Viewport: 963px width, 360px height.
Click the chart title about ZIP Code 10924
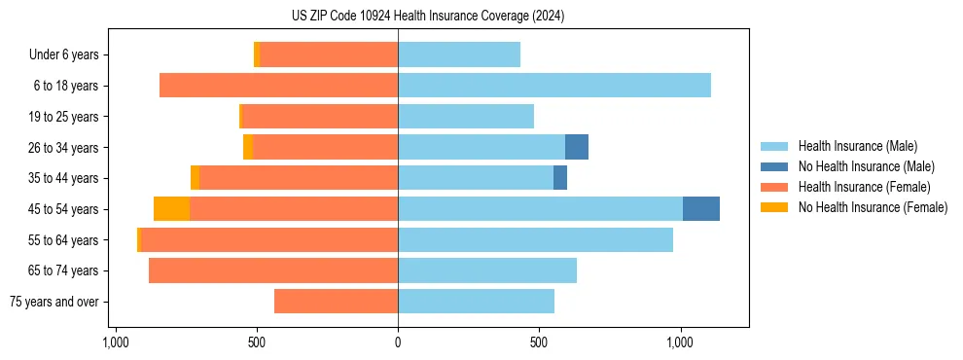point(427,17)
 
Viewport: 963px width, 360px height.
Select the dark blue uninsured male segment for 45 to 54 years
point(700,209)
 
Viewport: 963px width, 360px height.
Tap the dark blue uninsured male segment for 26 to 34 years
point(576,147)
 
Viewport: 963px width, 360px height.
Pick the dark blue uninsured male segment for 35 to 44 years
point(559,178)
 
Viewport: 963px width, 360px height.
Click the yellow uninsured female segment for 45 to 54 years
point(171,209)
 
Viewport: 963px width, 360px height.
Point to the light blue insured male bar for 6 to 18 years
point(553,86)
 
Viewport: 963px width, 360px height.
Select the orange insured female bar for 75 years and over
point(336,302)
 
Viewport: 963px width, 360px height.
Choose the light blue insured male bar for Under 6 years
point(458,54)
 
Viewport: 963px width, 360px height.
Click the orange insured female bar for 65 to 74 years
point(272,270)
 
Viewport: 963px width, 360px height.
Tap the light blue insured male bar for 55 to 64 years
point(535,239)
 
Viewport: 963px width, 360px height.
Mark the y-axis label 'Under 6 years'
point(63,55)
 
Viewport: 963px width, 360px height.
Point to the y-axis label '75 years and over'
point(53,302)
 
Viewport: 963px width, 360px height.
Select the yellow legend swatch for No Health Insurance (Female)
point(778,207)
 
